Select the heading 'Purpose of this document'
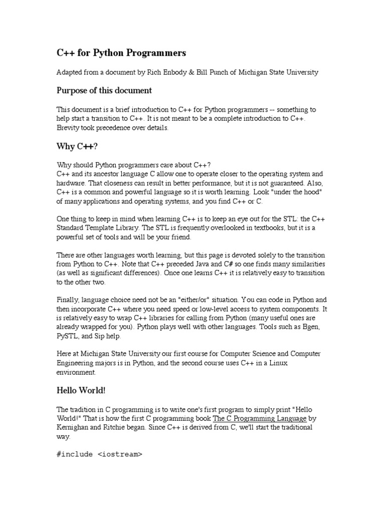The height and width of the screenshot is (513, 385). pyautogui.click(x=104, y=91)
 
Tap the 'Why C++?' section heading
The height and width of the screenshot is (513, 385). pyautogui.click(x=77, y=146)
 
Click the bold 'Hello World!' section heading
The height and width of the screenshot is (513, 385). pyautogui.click(x=81, y=390)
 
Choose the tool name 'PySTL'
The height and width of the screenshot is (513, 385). pyautogui.click(x=68, y=336)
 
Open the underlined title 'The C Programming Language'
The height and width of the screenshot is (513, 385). pyautogui.click(x=260, y=418)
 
